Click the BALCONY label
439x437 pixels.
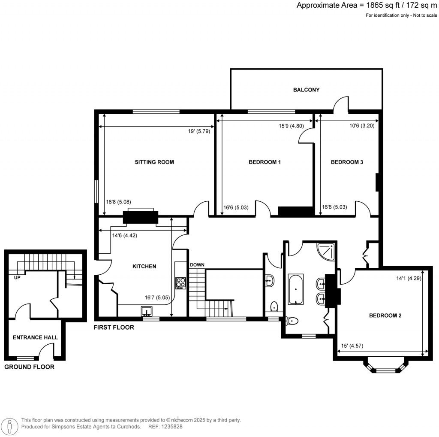(x=306, y=90)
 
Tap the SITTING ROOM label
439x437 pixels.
(x=154, y=162)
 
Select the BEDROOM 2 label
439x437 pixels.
(x=385, y=316)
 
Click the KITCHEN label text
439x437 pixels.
(x=144, y=266)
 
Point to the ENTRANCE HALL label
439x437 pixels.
(x=35, y=337)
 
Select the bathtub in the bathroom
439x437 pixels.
(x=295, y=289)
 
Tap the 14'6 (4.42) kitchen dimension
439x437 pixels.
(x=124, y=235)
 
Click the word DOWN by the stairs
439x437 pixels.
(x=197, y=264)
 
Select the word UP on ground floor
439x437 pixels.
(x=18, y=278)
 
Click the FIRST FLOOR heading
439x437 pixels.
(x=114, y=327)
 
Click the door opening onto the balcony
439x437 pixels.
(x=342, y=103)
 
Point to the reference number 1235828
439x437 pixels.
(x=171, y=427)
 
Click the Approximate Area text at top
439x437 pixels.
(x=367, y=5)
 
